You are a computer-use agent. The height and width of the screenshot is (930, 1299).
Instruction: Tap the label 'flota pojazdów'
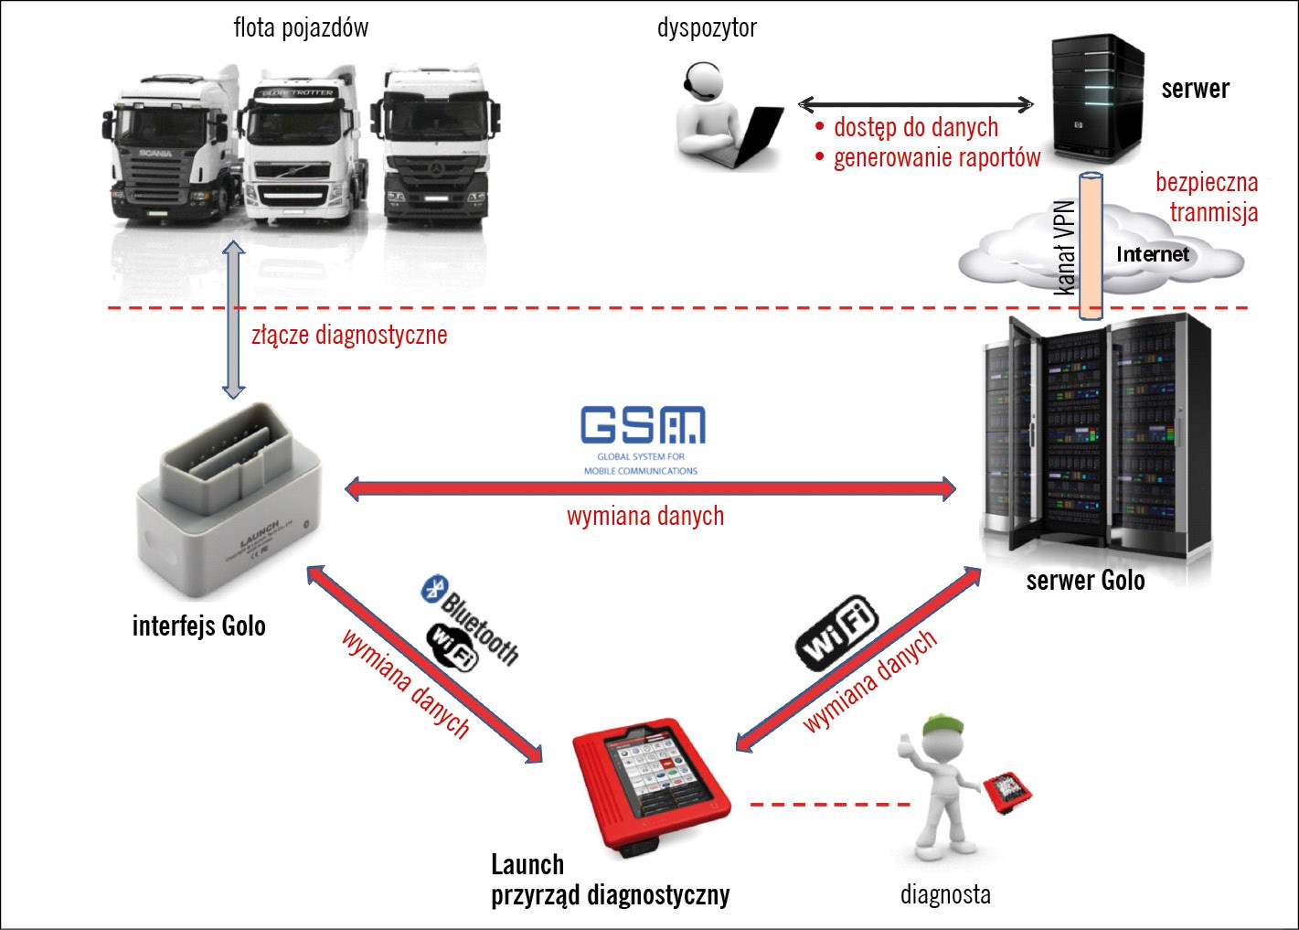301,27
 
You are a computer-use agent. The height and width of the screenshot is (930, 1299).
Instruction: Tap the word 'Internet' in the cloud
1153,254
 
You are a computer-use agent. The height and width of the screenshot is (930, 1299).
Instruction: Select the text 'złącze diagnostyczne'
349,335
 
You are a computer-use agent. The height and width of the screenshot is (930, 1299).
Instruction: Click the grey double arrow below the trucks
234,319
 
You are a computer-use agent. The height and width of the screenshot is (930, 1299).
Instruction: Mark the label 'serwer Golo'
1085,581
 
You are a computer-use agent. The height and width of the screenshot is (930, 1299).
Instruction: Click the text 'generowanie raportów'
936,158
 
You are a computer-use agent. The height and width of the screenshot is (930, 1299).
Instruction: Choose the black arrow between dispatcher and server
915,104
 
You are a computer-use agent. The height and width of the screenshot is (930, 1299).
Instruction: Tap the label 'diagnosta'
945,893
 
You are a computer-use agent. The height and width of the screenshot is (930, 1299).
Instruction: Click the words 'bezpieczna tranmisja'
1207,198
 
